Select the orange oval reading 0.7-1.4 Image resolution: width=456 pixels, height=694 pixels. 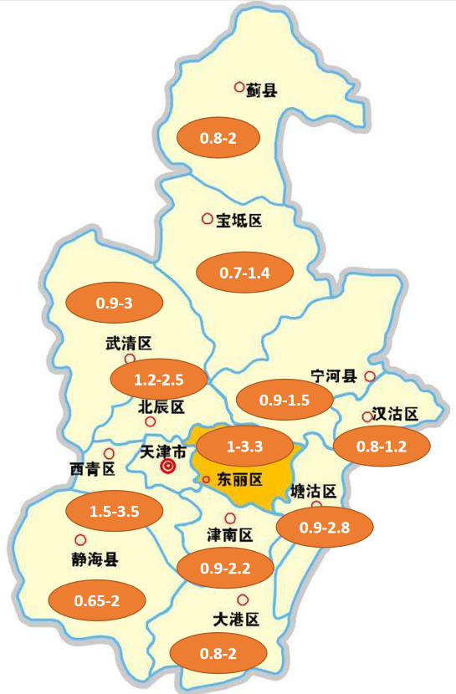point(244,273)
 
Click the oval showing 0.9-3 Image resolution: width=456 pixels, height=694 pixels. point(115,303)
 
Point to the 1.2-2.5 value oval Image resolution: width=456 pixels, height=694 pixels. point(159,380)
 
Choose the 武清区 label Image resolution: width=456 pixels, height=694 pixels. point(128,344)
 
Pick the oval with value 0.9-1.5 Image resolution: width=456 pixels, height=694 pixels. point(284,400)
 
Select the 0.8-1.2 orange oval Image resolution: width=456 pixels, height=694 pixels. point(382,446)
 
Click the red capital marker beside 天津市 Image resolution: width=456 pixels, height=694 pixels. point(168,467)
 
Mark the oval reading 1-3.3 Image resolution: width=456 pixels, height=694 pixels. point(245,447)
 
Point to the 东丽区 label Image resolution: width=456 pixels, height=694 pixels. point(240,480)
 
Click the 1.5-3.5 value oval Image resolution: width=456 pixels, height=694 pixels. point(114,509)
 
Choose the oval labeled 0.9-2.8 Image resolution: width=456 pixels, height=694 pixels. point(324,527)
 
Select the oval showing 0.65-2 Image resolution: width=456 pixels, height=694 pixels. point(98,600)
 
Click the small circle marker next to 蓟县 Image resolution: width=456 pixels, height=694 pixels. point(239,86)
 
